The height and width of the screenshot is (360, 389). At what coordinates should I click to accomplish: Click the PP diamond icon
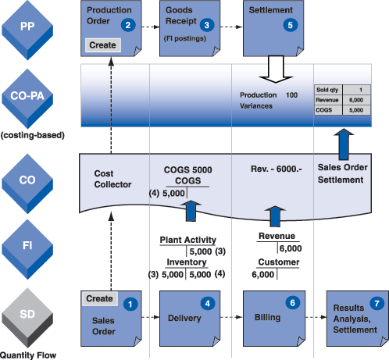tap(27, 30)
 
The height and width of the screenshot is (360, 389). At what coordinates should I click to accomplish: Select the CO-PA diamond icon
tap(27, 98)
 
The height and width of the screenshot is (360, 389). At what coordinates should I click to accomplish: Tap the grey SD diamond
tap(27, 318)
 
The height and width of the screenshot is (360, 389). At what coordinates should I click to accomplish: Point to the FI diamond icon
tap(27, 249)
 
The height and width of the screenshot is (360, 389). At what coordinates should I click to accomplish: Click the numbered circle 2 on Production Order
tap(128, 25)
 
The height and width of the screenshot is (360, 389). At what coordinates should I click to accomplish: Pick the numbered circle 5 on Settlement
tap(291, 25)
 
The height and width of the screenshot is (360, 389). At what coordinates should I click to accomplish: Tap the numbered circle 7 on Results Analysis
tap(377, 303)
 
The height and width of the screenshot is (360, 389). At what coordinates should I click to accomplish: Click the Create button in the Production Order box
tap(103, 45)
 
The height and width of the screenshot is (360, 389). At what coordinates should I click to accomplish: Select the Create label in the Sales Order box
tap(99, 298)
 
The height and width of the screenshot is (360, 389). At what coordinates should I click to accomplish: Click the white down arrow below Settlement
tap(276, 70)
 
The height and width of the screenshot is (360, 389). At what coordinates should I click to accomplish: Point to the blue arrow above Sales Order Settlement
tap(344, 144)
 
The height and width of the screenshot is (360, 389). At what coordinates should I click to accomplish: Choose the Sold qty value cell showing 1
tap(356, 90)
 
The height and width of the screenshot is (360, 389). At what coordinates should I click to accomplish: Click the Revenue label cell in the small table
tap(328, 100)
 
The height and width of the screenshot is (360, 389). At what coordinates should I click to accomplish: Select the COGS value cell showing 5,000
tap(356, 110)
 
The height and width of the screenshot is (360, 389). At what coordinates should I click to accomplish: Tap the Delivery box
tap(190, 319)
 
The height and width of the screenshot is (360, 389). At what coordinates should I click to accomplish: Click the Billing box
tap(274, 319)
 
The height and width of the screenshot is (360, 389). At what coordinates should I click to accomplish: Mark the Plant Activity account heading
tap(188, 240)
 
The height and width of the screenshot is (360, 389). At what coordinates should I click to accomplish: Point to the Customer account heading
tap(279, 262)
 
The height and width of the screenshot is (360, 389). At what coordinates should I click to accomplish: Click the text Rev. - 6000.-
tap(277, 169)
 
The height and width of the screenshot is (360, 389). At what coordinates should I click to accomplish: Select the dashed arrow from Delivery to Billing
tap(231, 317)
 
